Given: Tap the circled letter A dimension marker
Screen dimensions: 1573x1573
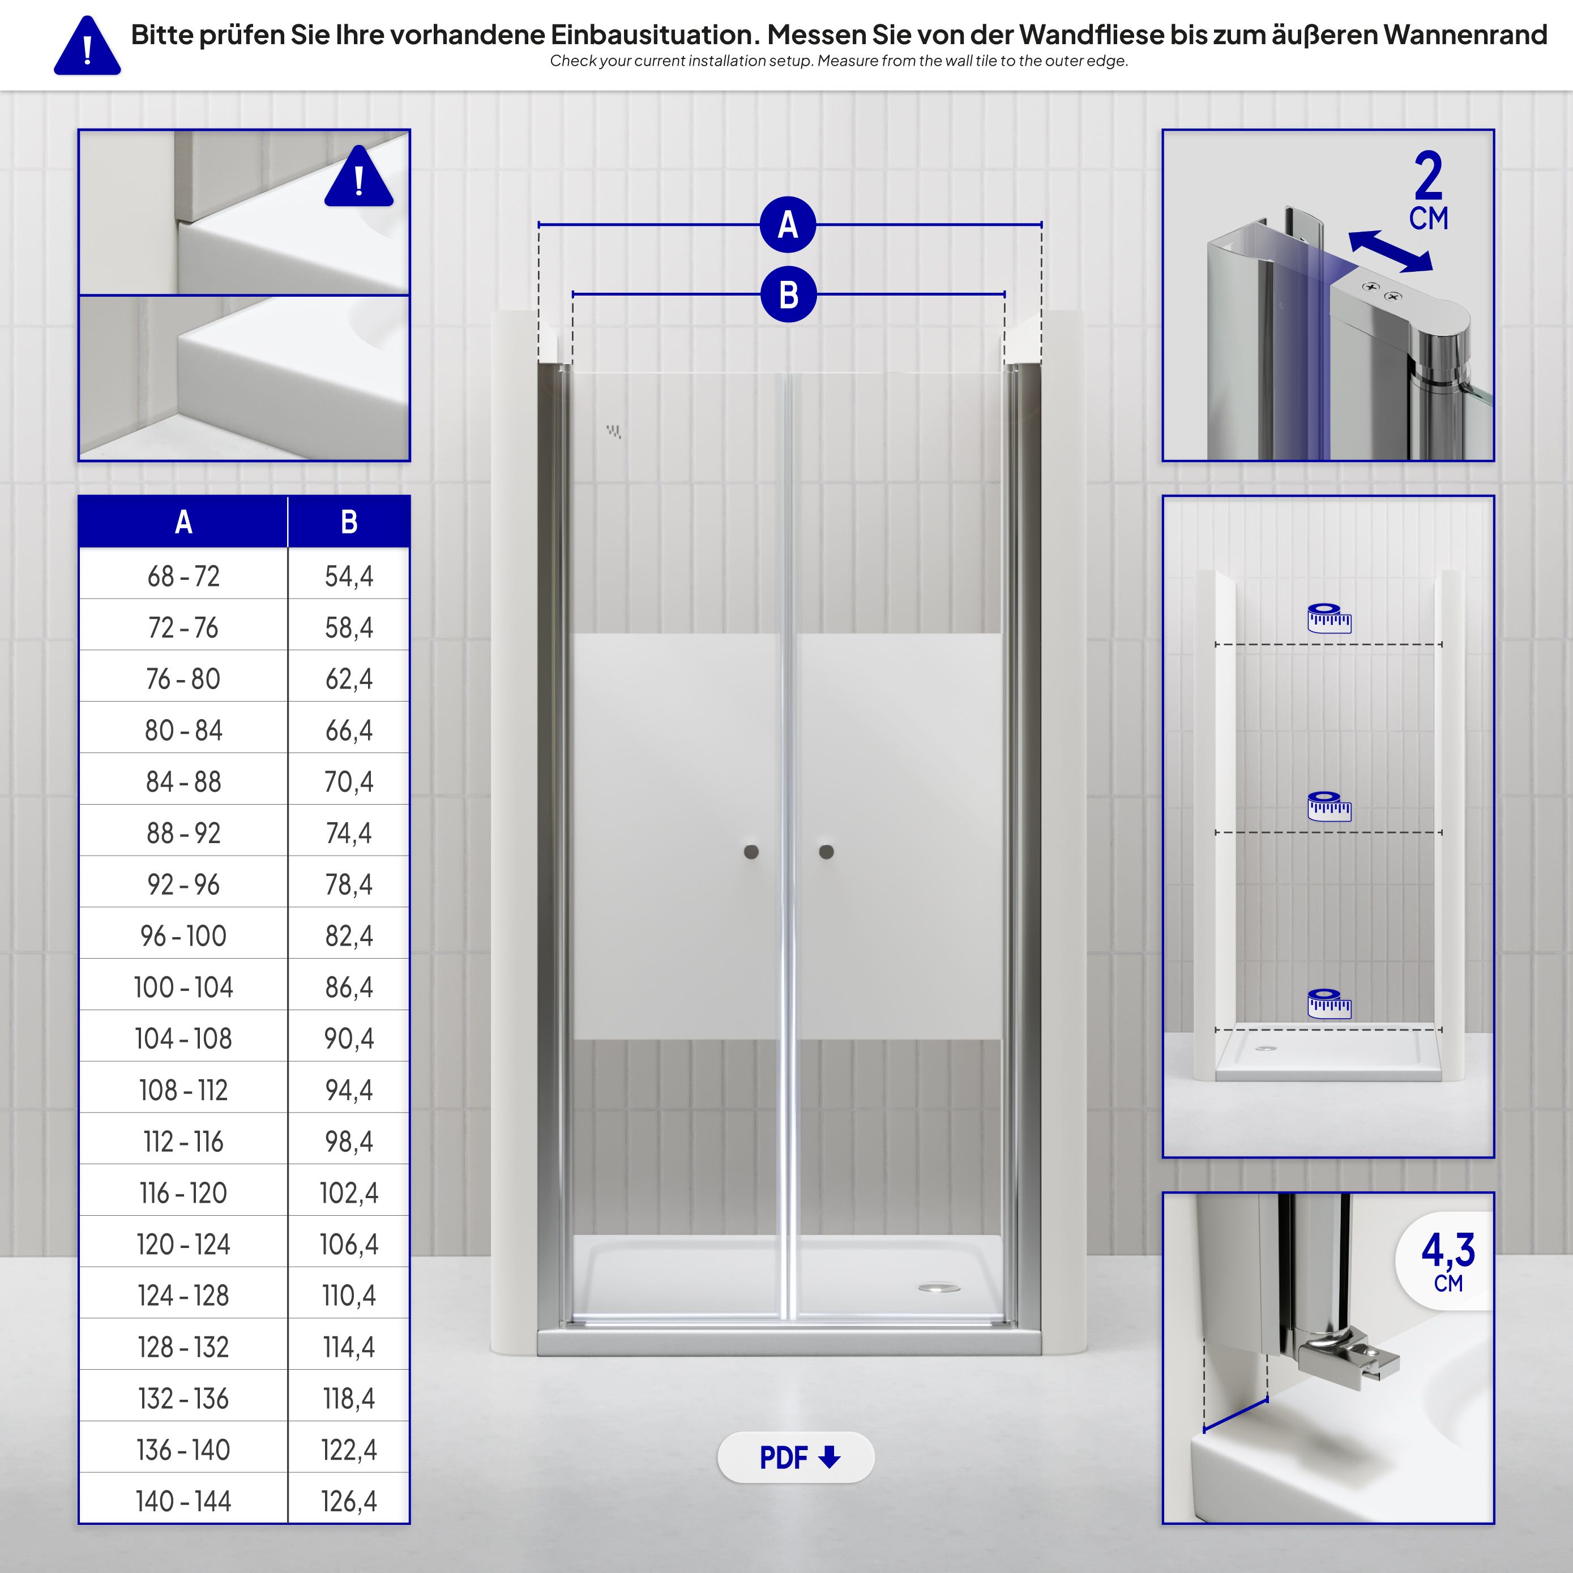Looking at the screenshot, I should point(787,225).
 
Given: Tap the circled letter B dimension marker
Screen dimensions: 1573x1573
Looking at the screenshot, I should point(787,295).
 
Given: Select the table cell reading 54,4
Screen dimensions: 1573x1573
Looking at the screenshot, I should point(348,576).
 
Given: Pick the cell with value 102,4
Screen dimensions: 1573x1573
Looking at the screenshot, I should point(348,1194).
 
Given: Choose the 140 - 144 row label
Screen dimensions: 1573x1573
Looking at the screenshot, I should point(183,1501).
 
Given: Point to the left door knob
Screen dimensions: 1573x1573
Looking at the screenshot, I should point(751,852).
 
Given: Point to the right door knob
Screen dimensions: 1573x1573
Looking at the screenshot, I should point(826,852).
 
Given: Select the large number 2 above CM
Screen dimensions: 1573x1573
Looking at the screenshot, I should point(1428,176).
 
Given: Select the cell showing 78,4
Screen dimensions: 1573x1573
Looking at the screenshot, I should point(348,885).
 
